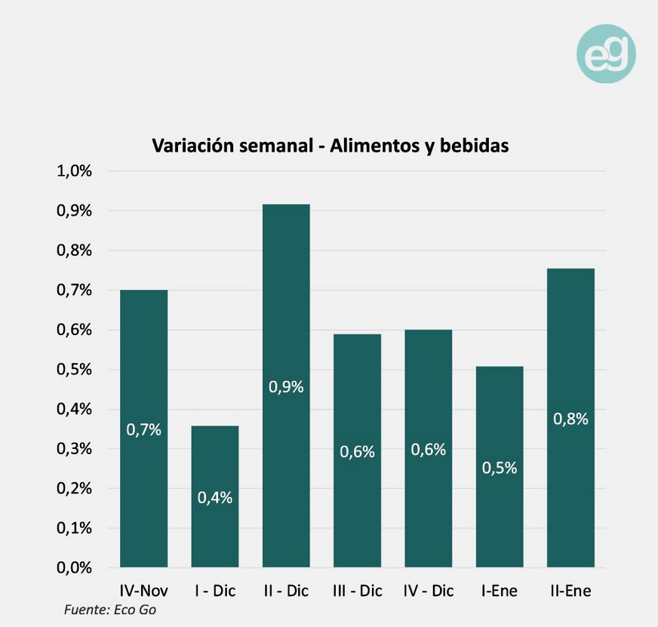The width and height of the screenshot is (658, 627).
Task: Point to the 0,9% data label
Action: (x=286, y=387)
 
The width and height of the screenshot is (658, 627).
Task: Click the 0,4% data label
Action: (x=215, y=497)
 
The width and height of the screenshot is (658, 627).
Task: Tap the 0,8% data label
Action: (x=570, y=420)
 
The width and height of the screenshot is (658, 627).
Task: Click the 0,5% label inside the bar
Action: (x=500, y=468)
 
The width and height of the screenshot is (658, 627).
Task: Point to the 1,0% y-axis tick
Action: (x=74, y=171)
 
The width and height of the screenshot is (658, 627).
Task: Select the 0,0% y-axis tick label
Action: (x=74, y=567)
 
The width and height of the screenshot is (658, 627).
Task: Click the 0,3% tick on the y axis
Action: (x=74, y=449)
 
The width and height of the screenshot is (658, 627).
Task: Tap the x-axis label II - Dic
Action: (x=286, y=591)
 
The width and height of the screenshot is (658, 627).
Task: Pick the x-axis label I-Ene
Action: (x=500, y=591)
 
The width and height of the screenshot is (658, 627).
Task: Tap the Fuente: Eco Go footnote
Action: (x=110, y=610)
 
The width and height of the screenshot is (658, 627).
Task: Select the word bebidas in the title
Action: (x=472, y=146)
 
